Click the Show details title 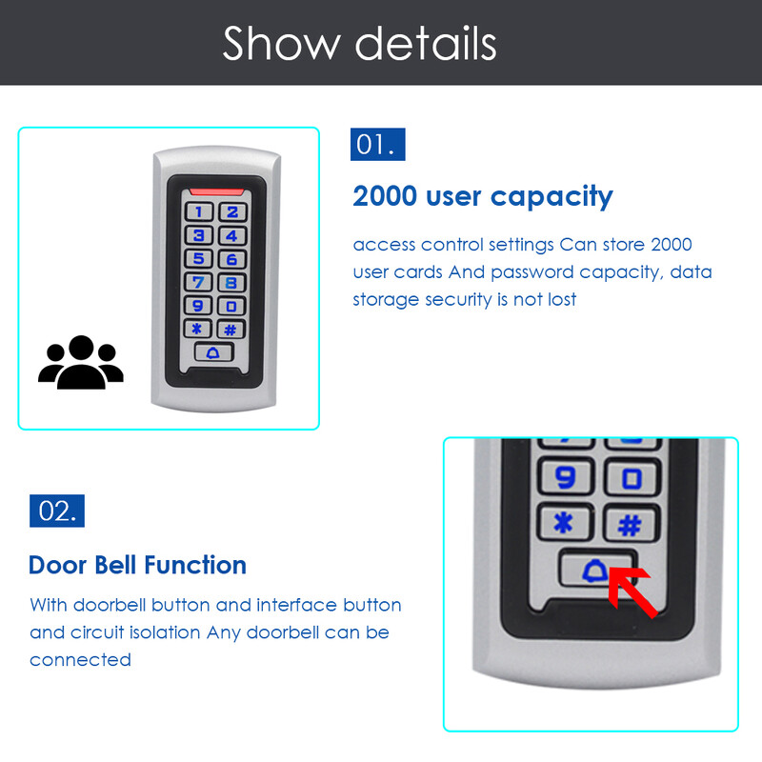tap(359, 43)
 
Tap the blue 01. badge tap(377, 144)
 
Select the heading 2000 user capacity tap(483, 196)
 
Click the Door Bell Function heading tap(137, 565)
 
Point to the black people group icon tap(81, 363)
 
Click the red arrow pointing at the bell tap(633, 592)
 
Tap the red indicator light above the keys tap(214, 190)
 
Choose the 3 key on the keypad tap(199, 235)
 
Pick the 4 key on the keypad tap(231, 235)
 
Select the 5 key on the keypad tap(199, 259)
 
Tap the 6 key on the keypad tap(231, 259)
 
